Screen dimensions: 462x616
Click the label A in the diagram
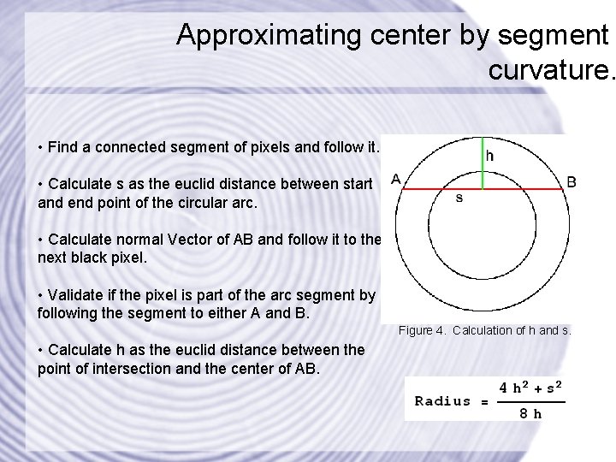click(395, 179)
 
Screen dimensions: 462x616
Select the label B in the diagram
click(572, 181)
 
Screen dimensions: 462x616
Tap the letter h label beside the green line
click(490, 157)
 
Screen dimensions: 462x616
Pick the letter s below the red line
click(459, 198)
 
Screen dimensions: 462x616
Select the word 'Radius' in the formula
click(442, 400)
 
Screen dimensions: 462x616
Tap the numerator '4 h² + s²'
click(531, 388)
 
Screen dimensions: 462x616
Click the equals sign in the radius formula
click(484, 401)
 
